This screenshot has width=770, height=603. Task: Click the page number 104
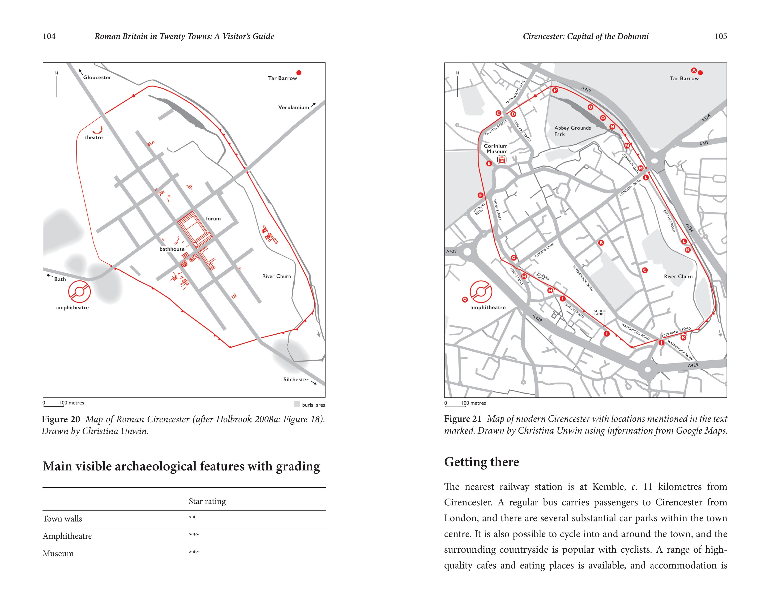point(49,36)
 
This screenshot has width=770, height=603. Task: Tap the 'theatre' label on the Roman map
point(94,137)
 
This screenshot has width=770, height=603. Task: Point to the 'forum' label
point(213,219)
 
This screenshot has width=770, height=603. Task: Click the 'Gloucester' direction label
point(97,77)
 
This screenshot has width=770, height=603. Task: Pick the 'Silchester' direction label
point(296,379)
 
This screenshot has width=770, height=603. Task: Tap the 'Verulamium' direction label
point(293,107)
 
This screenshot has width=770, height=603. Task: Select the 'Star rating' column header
point(207,501)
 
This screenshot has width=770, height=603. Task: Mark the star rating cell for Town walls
point(192,518)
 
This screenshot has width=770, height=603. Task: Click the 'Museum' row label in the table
point(58,553)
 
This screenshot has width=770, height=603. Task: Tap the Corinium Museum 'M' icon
point(501,160)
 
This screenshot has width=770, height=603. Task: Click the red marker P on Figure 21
point(555,90)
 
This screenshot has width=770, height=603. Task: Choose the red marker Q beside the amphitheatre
point(465,300)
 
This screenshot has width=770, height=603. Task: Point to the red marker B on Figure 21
point(601,243)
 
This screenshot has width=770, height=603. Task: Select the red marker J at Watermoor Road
point(661,342)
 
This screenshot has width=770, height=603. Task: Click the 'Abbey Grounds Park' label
point(572,131)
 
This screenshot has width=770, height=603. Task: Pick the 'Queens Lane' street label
point(544,250)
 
